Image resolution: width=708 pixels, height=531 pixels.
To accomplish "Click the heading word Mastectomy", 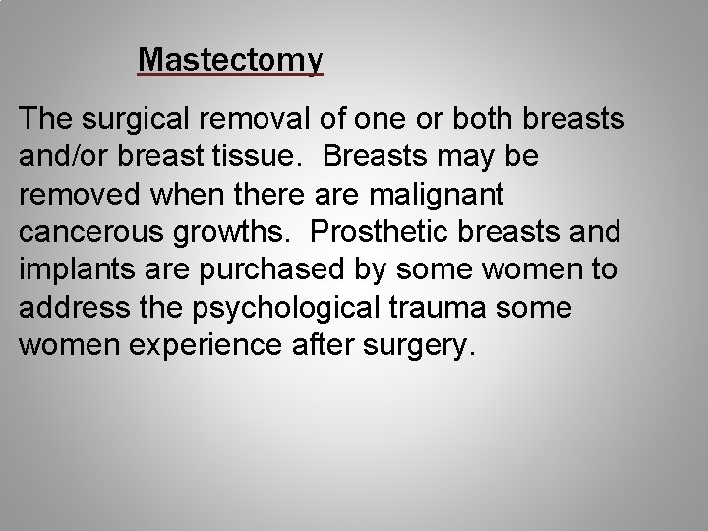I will click(230, 61).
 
